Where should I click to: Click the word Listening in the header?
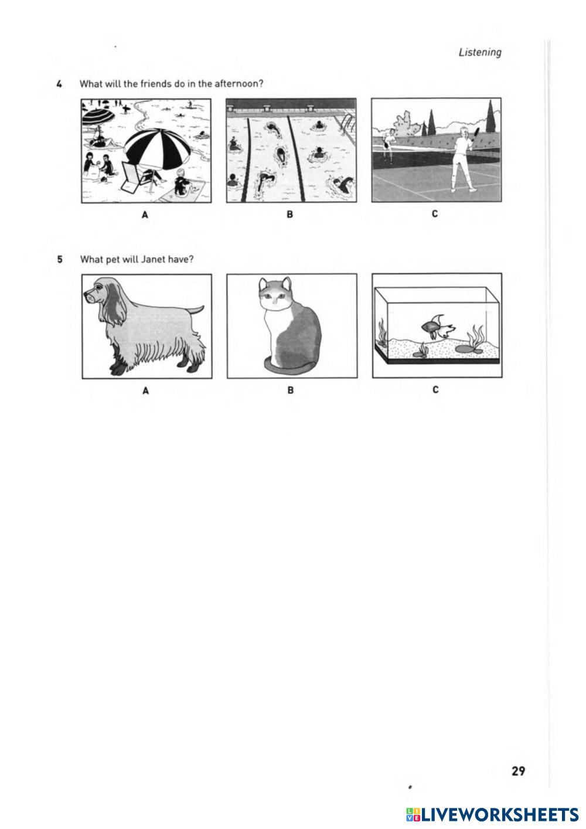480,53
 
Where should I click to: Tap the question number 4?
59,84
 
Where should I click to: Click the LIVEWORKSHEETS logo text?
500,815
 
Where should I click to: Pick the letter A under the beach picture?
145,214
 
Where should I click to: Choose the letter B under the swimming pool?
290,214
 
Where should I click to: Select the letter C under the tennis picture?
435,213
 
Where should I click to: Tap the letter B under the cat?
291,390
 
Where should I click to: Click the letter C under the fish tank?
435,389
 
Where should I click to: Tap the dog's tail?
196,310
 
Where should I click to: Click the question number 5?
60,260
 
